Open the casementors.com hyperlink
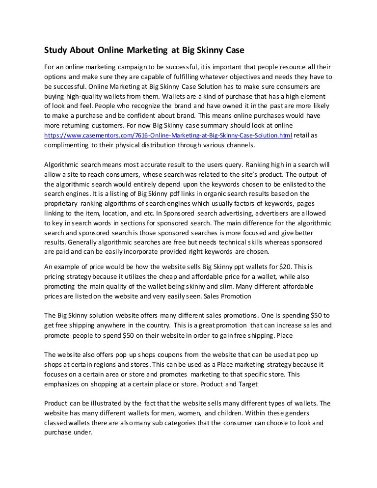[168, 136]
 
